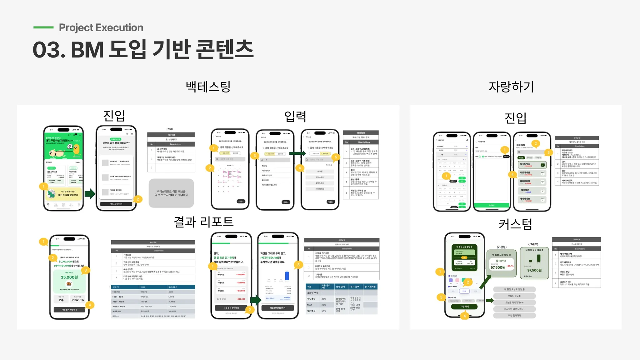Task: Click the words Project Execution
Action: [x=101, y=27]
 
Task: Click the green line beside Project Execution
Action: [x=43, y=27]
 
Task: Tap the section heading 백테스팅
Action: [x=208, y=87]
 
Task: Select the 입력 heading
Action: [x=295, y=116]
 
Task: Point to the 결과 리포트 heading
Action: [x=203, y=222]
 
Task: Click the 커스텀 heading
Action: [x=515, y=224]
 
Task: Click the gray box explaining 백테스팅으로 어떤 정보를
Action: [x=171, y=193]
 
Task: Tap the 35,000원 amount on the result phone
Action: [x=69, y=277]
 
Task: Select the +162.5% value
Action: [x=77, y=300]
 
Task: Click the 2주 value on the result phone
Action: [x=61, y=300]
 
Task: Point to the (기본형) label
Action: [x=502, y=247]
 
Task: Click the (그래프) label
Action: [x=533, y=244]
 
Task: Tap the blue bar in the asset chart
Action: [x=287, y=276]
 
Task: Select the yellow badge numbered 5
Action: [x=336, y=157]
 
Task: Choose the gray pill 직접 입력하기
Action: [x=514, y=316]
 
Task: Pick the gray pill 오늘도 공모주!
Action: [x=514, y=296]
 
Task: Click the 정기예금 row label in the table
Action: [x=311, y=311]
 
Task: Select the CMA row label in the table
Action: [x=309, y=305]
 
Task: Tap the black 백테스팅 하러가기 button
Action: [x=116, y=204]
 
